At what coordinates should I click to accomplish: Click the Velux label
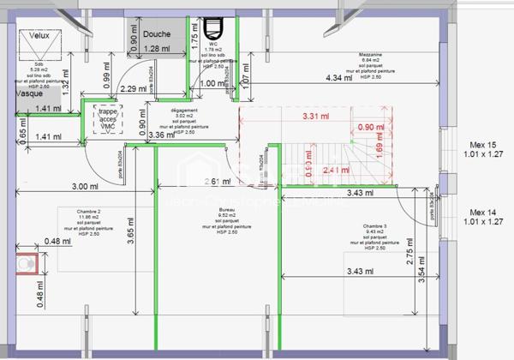39,36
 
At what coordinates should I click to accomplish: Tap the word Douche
157,34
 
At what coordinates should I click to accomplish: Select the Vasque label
17,93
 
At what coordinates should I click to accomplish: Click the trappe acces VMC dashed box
108,118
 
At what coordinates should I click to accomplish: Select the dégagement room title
184,111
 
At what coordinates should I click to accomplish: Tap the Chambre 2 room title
88,211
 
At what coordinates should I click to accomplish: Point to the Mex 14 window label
482,212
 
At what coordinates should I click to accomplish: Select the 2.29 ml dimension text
134,88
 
